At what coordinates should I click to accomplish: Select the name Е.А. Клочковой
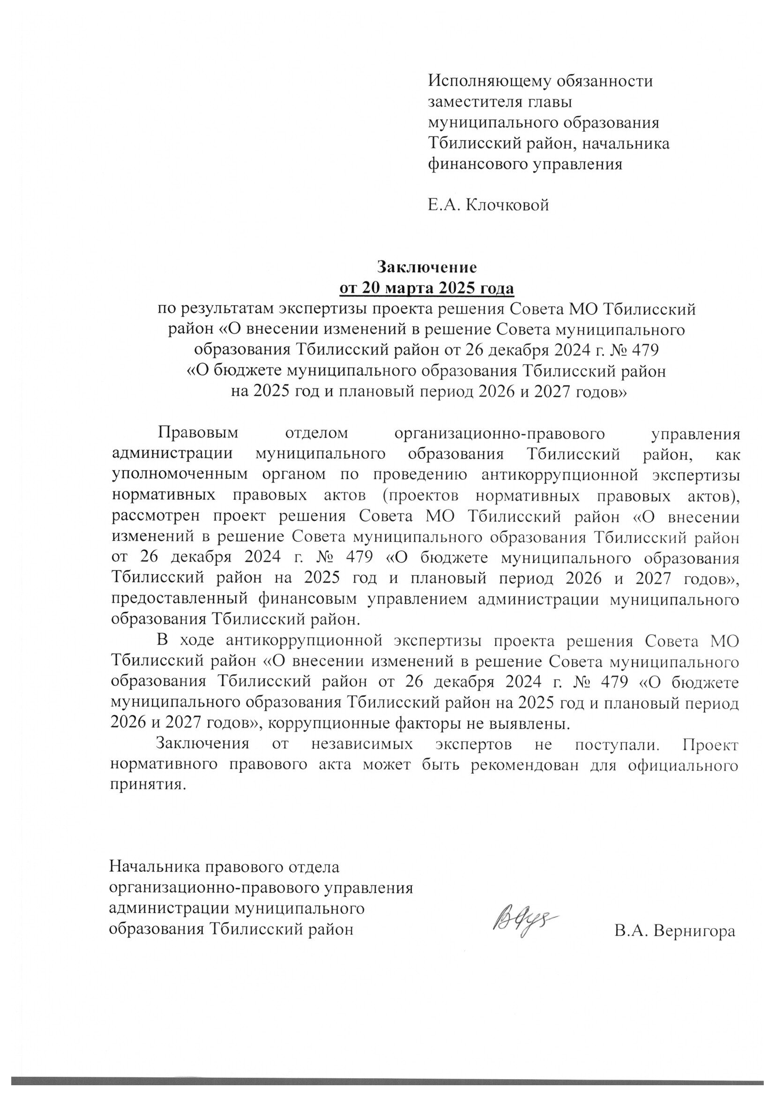(x=488, y=205)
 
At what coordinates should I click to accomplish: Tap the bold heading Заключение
(x=427, y=266)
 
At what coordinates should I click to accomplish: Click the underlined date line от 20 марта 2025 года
(x=427, y=288)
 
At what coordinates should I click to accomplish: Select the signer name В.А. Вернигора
(x=675, y=931)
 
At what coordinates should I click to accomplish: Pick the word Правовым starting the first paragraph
(x=197, y=434)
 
